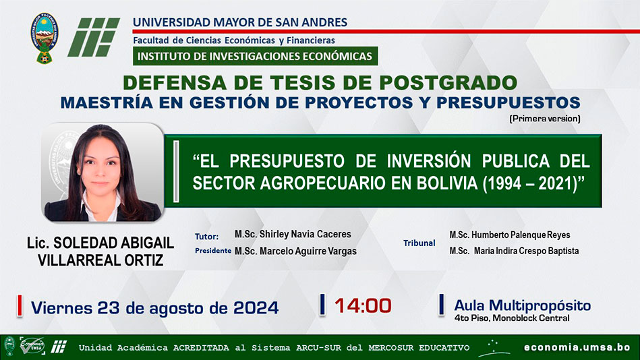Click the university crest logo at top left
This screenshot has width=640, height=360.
pyautogui.click(x=44, y=38)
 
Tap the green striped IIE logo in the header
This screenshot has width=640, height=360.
pyautogui.click(x=94, y=37)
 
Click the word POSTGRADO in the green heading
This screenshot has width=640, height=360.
pyautogui.click(x=448, y=83)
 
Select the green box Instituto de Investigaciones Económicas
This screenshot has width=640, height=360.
pyautogui.click(x=255, y=56)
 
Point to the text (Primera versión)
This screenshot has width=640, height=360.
pyautogui.click(x=544, y=119)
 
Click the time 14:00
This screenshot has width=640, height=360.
pyautogui.click(x=363, y=305)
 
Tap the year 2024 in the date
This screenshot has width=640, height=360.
pyautogui.click(x=256, y=308)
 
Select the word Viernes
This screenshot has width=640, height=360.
pyautogui.click(x=61, y=308)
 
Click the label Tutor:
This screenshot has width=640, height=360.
pyautogui.click(x=206, y=237)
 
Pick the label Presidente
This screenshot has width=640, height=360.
pyautogui.click(x=213, y=251)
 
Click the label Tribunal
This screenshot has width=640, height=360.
pyautogui.click(x=419, y=243)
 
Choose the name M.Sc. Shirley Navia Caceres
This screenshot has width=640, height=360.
pyautogui.click(x=293, y=235)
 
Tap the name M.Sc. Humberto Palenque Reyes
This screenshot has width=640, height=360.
pyautogui.click(x=510, y=235)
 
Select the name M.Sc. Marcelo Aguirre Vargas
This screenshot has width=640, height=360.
pyautogui.click(x=295, y=251)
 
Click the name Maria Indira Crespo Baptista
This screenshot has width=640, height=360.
pyautogui.click(x=526, y=251)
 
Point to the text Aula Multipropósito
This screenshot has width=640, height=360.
pyautogui.click(x=523, y=305)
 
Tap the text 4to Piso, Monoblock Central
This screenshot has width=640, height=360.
pyautogui.click(x=512, y=318)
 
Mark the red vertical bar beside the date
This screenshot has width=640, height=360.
pyautogui.click(x=19, y=305)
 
